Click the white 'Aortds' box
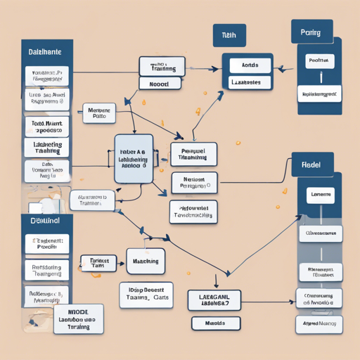tap(250, 65)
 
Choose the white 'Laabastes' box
tap(250, 82)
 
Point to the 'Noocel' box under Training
tap(162, 83)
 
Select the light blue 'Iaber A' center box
tap(134, 158)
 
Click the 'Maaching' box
tap(146, 261)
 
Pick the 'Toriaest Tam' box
tap(98, 264)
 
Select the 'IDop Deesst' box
tap(146, 292)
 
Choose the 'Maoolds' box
tap(215, 323)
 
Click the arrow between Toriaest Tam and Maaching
tap(121, 262)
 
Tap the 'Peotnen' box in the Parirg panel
tap(319, 61)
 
